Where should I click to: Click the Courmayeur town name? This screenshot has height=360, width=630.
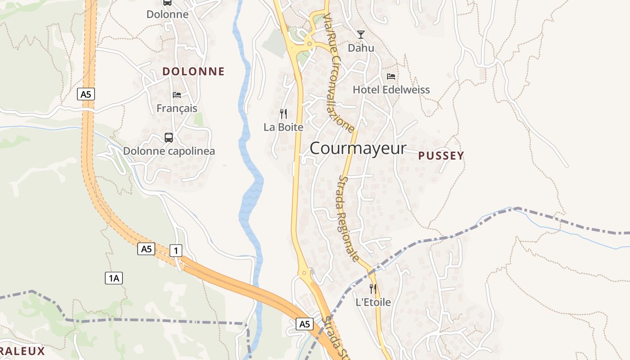358,148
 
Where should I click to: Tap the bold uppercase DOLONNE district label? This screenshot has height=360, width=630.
193,72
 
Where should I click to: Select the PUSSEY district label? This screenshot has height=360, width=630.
441,156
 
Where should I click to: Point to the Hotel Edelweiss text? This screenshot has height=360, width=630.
391,90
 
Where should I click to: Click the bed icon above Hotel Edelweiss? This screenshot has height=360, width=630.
391,76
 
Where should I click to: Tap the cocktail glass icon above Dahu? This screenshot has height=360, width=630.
361,35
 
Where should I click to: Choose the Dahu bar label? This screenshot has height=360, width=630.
361,48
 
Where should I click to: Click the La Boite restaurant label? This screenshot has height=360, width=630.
283,127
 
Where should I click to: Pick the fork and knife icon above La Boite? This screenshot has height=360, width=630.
283,113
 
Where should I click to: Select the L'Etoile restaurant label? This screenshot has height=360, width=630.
373,302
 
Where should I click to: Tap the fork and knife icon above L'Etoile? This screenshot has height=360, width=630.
373,288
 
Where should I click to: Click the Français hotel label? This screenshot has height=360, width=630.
177,108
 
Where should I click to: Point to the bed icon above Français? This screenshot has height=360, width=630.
177,95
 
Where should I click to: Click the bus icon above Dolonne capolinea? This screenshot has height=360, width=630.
169,138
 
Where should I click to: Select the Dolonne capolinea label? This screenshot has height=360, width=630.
169,151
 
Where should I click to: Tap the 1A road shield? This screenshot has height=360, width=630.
114,278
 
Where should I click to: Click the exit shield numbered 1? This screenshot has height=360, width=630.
176,251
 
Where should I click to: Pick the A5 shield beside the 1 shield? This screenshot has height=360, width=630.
146,249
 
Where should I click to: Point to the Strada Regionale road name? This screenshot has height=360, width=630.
348,218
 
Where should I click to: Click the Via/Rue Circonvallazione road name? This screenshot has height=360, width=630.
338,72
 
